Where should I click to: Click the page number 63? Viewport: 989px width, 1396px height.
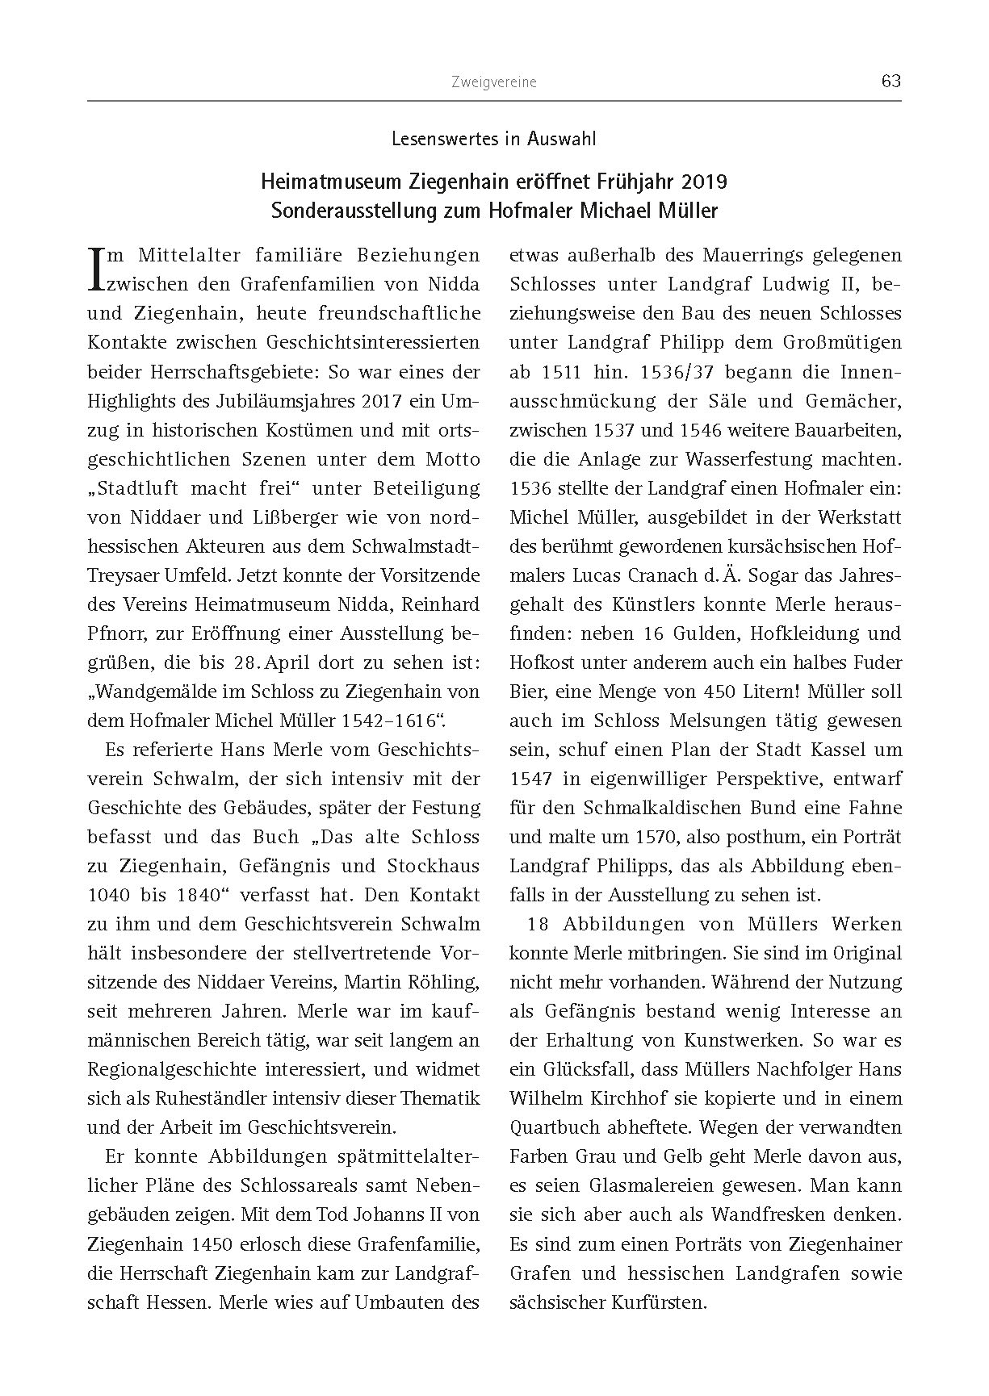[891, 82]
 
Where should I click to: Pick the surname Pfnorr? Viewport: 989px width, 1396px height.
[116, 633]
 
